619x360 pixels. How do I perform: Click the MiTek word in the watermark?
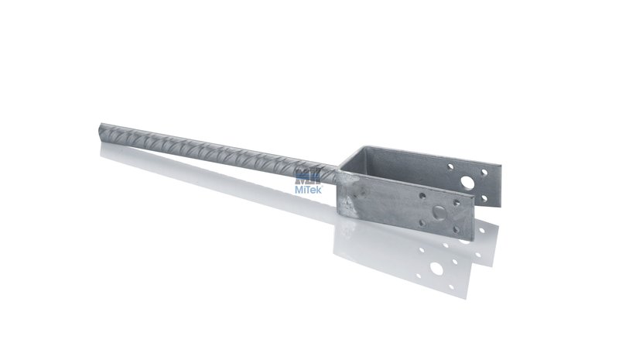tap(309, 190)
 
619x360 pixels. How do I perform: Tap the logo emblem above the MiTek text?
tap(308, 178)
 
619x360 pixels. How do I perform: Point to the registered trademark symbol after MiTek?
tap(323, 186)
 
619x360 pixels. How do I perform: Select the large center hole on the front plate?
tap(439, 214)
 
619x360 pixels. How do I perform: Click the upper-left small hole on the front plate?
tap(422, 196)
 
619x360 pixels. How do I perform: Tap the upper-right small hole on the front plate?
tap(457, 203)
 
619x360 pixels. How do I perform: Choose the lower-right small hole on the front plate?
tap(457, 230)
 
